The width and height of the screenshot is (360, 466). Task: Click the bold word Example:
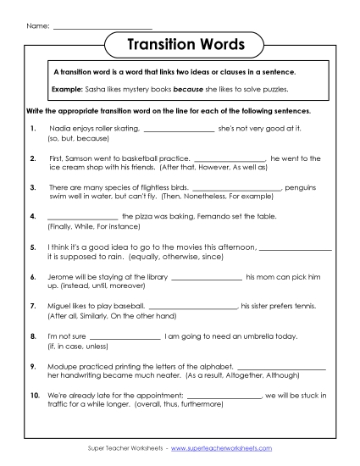point(66,88)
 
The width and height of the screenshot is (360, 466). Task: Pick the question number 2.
point(32,158)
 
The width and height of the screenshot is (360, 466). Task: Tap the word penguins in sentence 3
point(304,186)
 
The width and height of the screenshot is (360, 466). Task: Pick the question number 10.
point(34,395)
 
